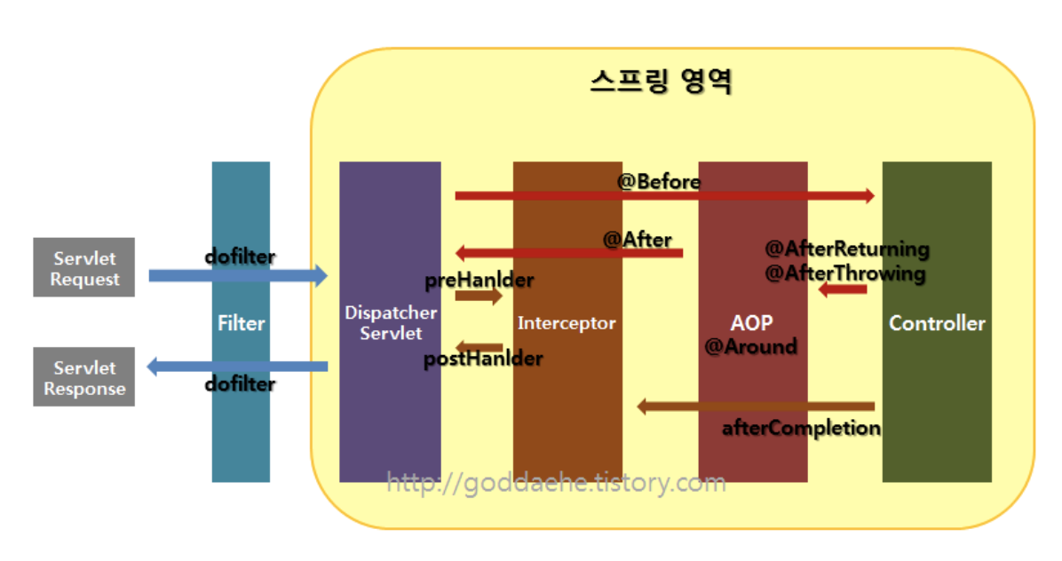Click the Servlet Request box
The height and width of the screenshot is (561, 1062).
pyautogui.click(x=84, y=267)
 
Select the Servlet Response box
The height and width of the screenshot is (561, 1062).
pyautogui.click(x=84, y=377)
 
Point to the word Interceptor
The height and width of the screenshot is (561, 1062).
pyautogui.click(x=567, y=323)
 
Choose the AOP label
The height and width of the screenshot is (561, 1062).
pyautogui.click(x=752, y=321)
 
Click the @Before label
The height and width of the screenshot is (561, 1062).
pyautogui.click(x=659, y=182)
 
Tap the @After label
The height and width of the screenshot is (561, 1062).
pyautogui.click(x=638, y=239)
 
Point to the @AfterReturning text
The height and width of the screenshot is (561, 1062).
pyautogui.click(x=847, y=249)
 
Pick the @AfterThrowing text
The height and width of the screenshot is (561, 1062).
pyautogui.click(x=845, y=273)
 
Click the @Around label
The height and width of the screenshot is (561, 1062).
pyautogui.click(x=750, y=347)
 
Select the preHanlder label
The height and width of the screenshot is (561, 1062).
pyautogui.click(x=479, y=280)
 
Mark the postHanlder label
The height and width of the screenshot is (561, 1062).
pyautogui.click(x=483, y=360)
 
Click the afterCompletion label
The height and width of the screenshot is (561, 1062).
pyautogui.click(x=801, y=429)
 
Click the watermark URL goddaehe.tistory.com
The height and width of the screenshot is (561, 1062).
pyautogui.click(x=556, y=483)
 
